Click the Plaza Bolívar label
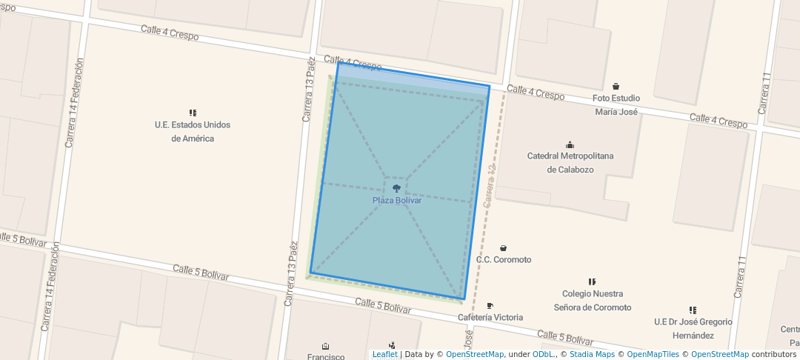(x=396, y=201)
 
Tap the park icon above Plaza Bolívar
(x=396, y=189)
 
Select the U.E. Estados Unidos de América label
(x=193, y=131)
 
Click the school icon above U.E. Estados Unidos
(x=193, y=113)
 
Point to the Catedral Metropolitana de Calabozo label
(x=570, y=162)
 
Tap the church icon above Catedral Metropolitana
(x=570, y=144)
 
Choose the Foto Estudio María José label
(x=616, y=104)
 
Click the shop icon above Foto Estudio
(x=616, y=87)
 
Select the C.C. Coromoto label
(x=504, y=260)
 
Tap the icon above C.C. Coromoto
(x=504, y=248)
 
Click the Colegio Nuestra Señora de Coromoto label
(x=593, y=300)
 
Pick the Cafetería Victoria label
(x=490, y=318)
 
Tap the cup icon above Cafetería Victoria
(x=490, y=306)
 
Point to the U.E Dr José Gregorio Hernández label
(x=693, y=328)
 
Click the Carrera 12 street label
(x=489, y=186)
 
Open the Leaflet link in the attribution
(x=384, y=354)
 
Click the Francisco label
(x=326, y=356)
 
